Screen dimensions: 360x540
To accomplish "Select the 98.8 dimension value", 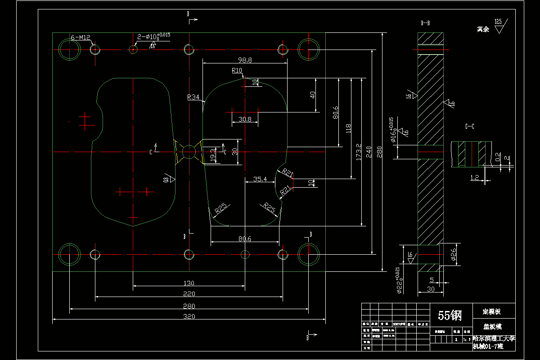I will [244, 60].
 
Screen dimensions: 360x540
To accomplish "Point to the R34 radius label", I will [193, 97].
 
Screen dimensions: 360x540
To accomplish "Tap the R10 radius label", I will [237, 70].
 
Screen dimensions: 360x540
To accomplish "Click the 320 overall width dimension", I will [189, 316].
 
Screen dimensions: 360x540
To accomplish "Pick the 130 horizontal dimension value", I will [189, 283].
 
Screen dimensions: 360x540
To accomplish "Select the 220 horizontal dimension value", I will [189, 294].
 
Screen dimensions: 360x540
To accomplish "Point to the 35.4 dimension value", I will [260, 179].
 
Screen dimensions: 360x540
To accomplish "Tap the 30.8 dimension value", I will [245, 119].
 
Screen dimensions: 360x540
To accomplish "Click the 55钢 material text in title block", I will [450, 316].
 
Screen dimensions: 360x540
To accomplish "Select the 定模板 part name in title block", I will [491, 311].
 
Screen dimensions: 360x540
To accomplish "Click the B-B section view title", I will [425, 22].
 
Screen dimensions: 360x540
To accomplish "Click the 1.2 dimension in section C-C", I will [474, 178].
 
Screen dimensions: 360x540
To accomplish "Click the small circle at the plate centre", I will [189, 152].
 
